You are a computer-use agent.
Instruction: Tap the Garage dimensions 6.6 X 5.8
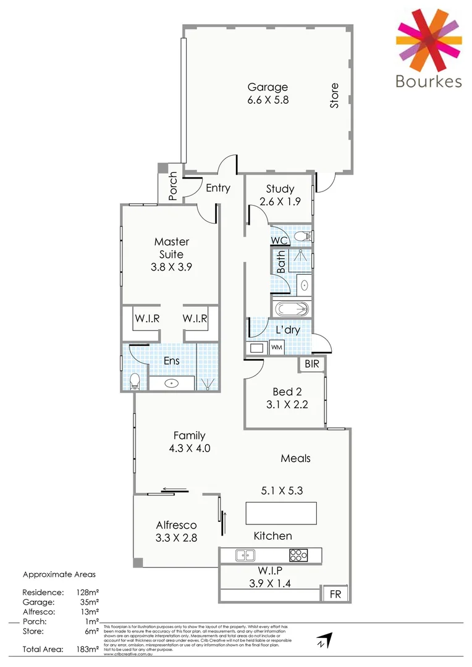click(268, 100)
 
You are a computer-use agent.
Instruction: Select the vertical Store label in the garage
click(334, 96)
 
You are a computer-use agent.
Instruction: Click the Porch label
click(173, 187)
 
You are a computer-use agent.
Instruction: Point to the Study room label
click(280, 189)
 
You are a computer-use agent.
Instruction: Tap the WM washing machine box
click(276, 348)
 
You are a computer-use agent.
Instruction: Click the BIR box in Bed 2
click(312, 364)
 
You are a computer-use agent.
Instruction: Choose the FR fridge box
click(335, 594)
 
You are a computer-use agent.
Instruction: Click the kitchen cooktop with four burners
click(298, 555)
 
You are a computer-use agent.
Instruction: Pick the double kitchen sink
click(245, 555)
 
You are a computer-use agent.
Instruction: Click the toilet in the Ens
click(135, 382)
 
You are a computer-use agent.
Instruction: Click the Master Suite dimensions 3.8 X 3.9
click(171, 267)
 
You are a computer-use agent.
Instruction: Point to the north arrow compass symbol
click(324, 639)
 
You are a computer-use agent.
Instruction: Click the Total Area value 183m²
click(88, 648)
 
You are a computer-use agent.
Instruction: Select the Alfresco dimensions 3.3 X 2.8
click(176, 537)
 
